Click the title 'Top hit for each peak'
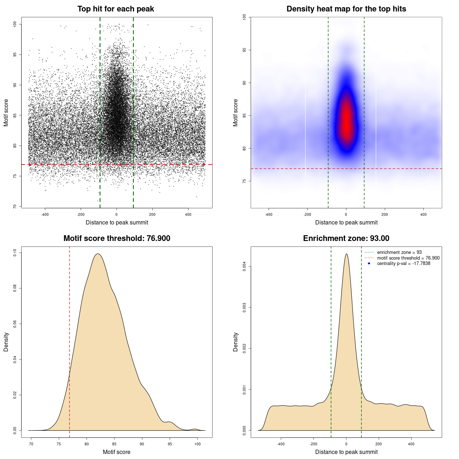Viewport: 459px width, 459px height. coord(115,9)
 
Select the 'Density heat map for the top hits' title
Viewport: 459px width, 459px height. coord(346,9)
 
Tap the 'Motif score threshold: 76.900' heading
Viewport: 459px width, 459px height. coord(117,238)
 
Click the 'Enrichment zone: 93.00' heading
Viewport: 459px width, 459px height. coord(346,238)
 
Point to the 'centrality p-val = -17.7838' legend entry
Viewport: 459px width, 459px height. coord(403,264)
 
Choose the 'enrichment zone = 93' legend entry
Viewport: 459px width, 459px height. coord(399,252)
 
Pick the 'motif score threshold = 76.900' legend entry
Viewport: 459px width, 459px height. coord(408,258)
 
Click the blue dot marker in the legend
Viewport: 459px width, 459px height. coord(369,264)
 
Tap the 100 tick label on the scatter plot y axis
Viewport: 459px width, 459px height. coord(15,24)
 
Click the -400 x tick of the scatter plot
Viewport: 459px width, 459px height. coord(45,214)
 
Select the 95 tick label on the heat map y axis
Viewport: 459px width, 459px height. coord(244,50)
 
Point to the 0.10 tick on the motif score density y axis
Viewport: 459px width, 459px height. coord(15,253)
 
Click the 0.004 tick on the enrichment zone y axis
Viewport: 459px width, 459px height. coord(244,266)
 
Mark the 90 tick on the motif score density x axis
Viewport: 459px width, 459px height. coord(142,444)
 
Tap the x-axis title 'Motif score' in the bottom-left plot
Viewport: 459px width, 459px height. coord(117,452)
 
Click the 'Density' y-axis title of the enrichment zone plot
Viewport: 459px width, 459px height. coord(236,342)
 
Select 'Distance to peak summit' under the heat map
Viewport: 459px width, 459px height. coord(346,222)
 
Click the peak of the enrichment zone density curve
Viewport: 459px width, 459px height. coord(346,254)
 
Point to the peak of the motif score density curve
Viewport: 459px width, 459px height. coord(98,254)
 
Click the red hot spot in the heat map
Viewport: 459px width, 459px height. coord(346,120)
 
